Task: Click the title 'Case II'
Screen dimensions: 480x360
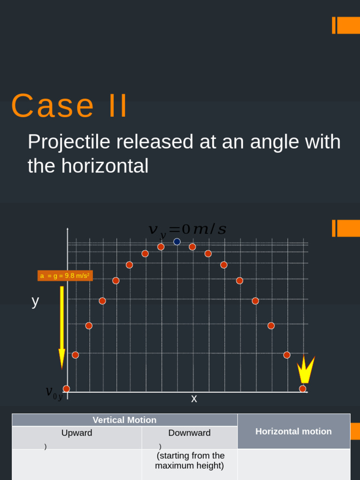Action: coord(69,106)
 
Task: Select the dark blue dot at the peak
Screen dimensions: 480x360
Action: coord(177,242)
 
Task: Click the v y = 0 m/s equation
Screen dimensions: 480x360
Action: coord(187,230)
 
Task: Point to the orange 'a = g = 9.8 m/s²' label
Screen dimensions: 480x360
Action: coord(65,276)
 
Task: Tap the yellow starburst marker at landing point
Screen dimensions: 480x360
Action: coord(305,370)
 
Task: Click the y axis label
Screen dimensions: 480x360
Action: coord(35,301)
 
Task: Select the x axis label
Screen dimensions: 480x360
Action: coord(194,399)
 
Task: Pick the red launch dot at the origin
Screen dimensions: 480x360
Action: coord(67,389)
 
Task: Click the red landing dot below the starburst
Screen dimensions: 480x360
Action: coord(303,389)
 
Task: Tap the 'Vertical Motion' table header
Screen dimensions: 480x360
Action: coord(125,420)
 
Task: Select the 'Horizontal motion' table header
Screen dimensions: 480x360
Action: coord(293,431)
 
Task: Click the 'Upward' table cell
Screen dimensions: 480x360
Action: coord(77,433)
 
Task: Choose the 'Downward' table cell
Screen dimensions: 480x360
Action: coord(189,433)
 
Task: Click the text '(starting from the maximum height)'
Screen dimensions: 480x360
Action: coord(190,460)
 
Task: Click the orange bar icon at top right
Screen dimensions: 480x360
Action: coord(346,25)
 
